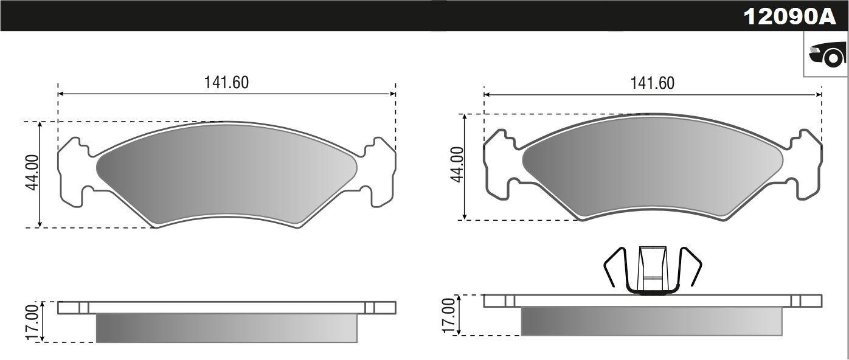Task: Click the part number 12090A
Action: point(789,16)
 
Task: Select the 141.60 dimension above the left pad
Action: point(227,83)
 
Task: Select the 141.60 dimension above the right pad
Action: point(653,83)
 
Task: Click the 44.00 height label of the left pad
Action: point(32,173)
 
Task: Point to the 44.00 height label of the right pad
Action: point(457,164)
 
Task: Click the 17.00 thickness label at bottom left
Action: point(32,322)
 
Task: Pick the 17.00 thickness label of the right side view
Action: point(449,316)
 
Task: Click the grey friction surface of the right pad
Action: point(653,167)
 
